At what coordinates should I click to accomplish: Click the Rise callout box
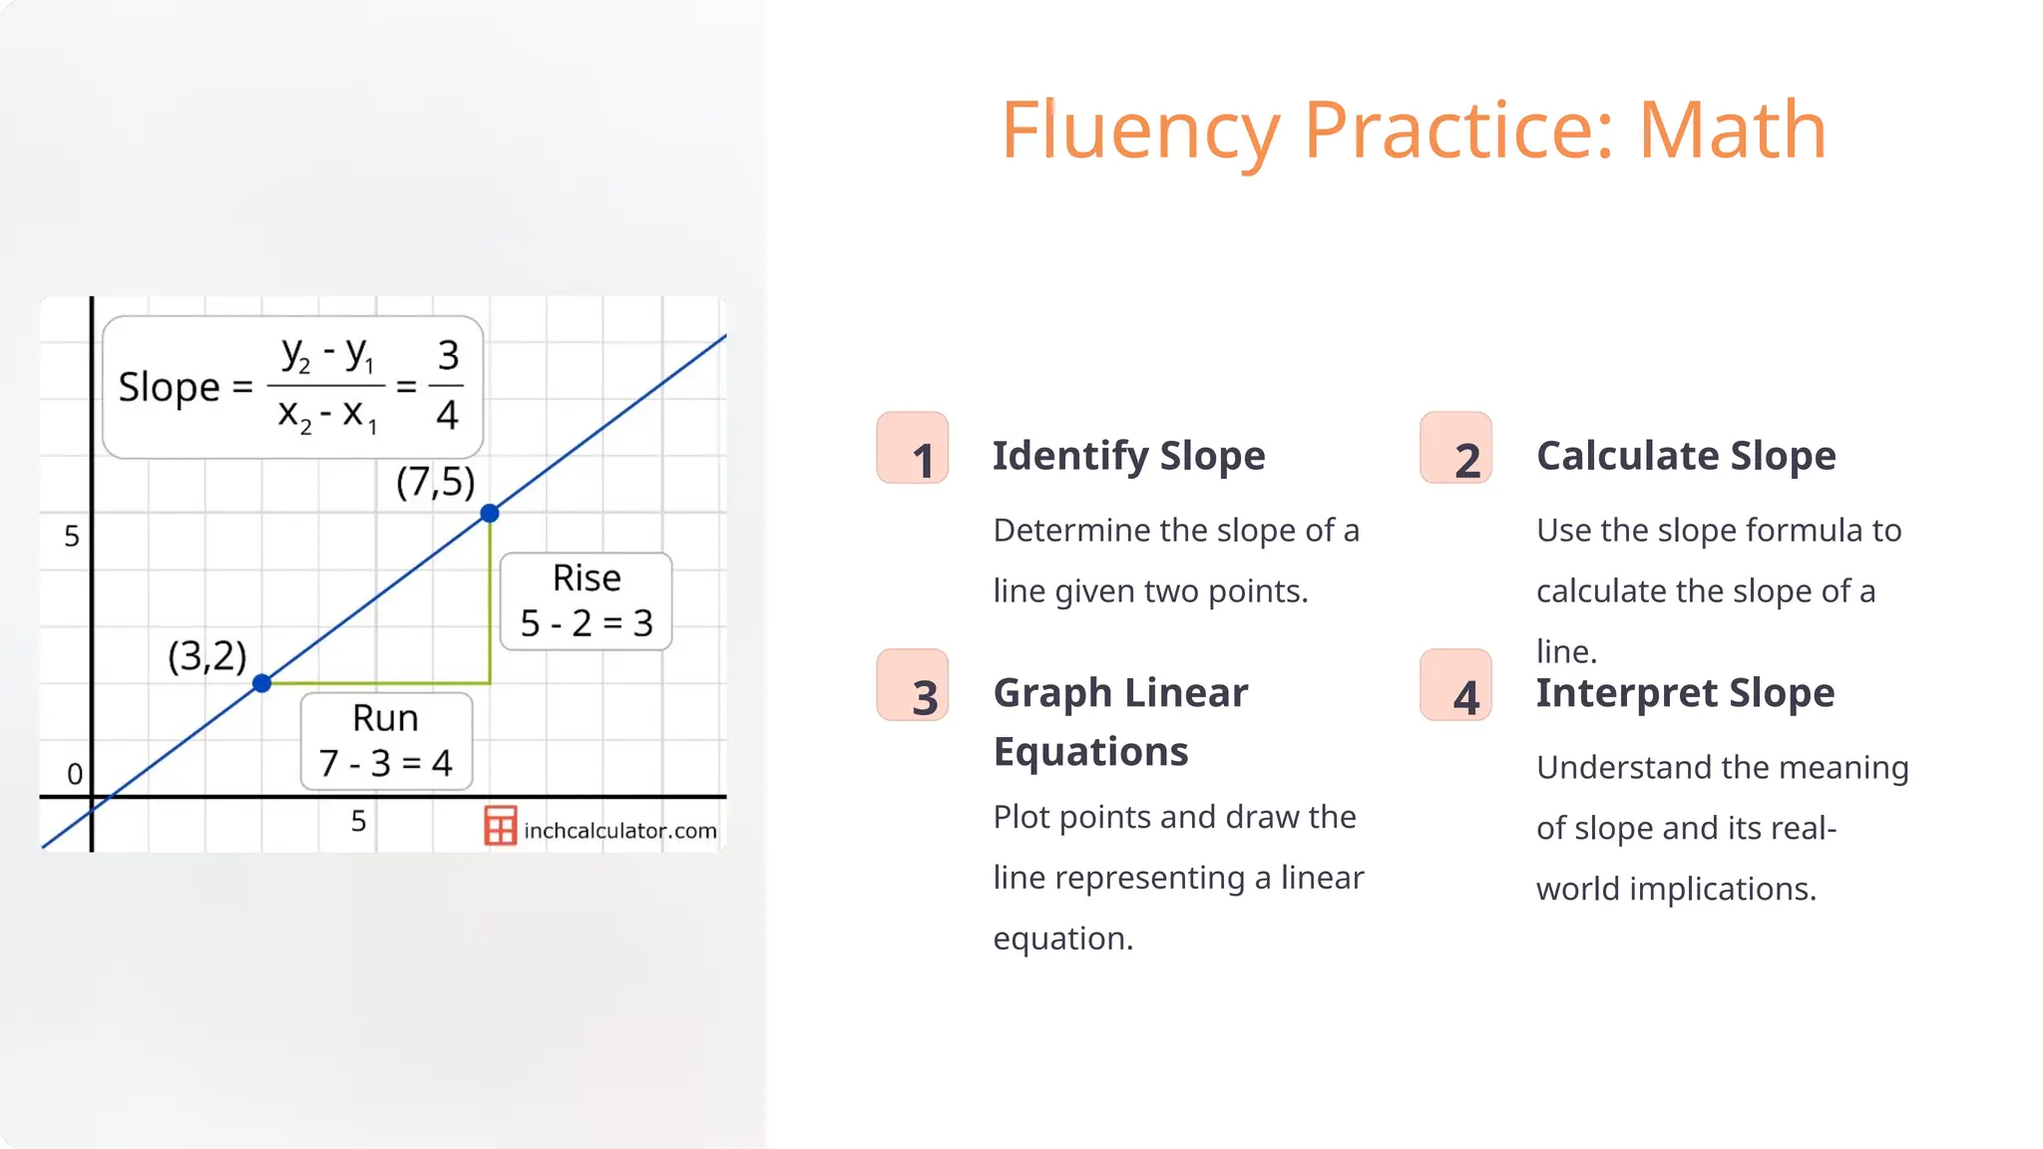tap(586, 601)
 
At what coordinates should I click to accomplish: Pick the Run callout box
tap(386, 741)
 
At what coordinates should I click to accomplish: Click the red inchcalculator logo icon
tap(500, 826)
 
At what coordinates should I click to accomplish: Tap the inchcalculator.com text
tap(619, 831)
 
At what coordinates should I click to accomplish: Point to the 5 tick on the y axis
tap(72, 537)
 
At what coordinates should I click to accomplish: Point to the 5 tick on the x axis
tap(359, 822)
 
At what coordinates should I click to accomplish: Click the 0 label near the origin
tap(75, 774)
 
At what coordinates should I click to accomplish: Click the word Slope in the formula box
tap(169, 387)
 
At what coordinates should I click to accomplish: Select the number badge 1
tap(912, 449)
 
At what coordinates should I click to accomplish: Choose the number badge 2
tap(1455, 449)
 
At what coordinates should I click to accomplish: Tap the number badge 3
tap(912, 686)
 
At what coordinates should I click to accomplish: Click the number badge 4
tap(1455, 686)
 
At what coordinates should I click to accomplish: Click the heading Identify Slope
tap(1128, 456)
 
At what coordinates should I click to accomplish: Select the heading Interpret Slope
tap(1685, 693)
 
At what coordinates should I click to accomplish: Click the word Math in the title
tap(1732, 130)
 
